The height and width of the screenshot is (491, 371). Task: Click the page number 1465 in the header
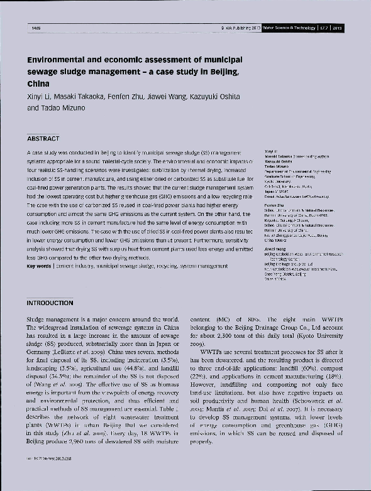tap(35, 28)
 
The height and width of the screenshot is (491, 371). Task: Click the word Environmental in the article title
tap(60, 60)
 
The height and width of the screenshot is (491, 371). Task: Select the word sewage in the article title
tap(43, 72)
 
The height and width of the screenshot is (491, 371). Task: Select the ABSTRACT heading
tap(43, 138)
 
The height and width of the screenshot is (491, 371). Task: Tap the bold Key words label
tap(39, 266)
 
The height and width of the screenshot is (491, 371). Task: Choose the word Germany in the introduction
tap(42, 355)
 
